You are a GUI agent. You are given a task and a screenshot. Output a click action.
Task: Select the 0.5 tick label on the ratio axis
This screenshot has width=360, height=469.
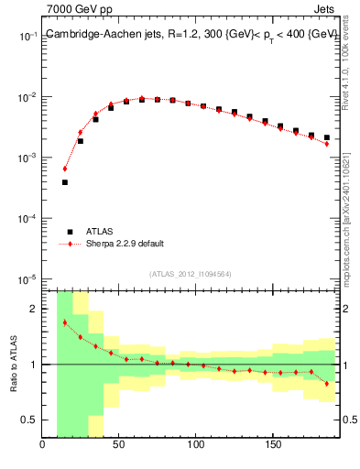[29, 420]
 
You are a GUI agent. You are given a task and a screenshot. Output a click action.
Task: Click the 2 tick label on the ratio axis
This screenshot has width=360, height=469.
[35, 309]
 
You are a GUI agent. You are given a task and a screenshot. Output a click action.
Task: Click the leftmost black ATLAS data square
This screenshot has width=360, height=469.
[65, 182]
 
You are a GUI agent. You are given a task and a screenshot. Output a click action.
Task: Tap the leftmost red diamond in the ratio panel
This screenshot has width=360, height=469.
[65, 322]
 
